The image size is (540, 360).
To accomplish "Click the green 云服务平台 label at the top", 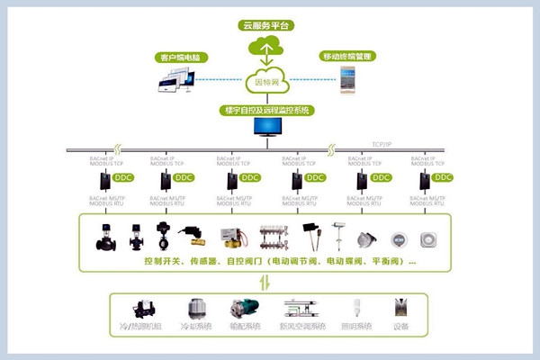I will pos(269,25).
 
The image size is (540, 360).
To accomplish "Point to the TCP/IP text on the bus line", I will pos(383,144).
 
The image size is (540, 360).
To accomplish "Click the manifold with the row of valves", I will pos(273,237).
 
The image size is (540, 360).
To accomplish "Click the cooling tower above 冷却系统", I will pos(195,308).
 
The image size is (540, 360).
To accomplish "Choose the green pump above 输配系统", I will pos(243,308).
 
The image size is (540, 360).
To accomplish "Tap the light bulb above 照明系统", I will pos(355,308).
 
